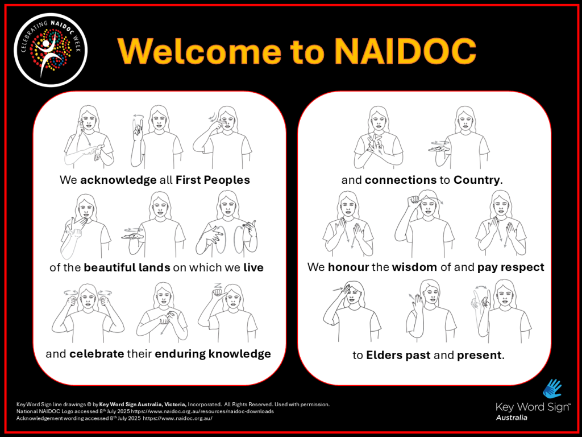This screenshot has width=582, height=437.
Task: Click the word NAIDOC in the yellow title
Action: click(x=405, y=51)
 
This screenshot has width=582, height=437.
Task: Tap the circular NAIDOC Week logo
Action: click(x=51, y=50)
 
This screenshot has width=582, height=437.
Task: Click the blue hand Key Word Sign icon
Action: click(x=552, y=389)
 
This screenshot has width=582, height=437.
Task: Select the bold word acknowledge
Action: click(x=118, y=180)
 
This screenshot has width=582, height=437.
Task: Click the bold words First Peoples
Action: click(x=213, y=180)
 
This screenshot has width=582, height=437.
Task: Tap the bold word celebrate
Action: click(x=97, y=354)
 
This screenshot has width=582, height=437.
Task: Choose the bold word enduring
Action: click(x=180, y=354)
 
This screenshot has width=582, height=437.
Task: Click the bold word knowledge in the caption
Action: click(x=239, y=354)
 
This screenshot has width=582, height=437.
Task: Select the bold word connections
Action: click(x=401, y=180)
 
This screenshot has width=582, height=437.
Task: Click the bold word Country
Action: click(x=477, y=180)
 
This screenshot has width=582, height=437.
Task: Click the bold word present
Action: click(x=479, y=356)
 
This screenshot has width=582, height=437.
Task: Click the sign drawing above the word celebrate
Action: click(x=88, y=313)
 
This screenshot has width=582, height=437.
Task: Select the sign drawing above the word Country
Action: click(x=460, y=138)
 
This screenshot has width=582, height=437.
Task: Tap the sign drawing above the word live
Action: click(x=227, y=224)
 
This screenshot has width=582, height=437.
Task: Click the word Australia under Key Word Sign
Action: click(x=512, y=418)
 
